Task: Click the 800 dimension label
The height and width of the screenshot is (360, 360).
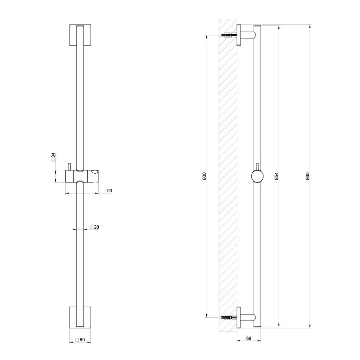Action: [204, 176]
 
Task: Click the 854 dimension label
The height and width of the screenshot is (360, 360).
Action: [277, 176]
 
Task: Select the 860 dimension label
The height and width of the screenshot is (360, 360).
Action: [307, 176]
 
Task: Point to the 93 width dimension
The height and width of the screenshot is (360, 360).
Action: [109, 191]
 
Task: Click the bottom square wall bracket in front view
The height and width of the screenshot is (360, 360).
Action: [80, 317]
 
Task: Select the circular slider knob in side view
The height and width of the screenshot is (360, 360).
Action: [257, 176]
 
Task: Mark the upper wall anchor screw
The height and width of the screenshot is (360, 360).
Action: [229, 35]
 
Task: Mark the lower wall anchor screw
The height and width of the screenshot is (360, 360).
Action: [229, 316]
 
